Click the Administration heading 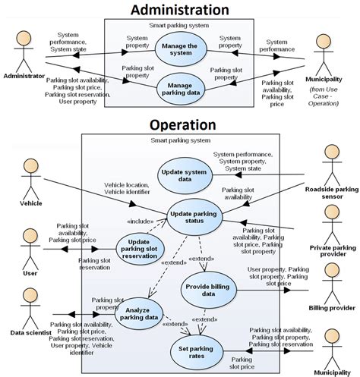point(179,9)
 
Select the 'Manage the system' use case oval point(180,50)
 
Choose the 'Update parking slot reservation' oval point(138,247)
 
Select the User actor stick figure point(31,249)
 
